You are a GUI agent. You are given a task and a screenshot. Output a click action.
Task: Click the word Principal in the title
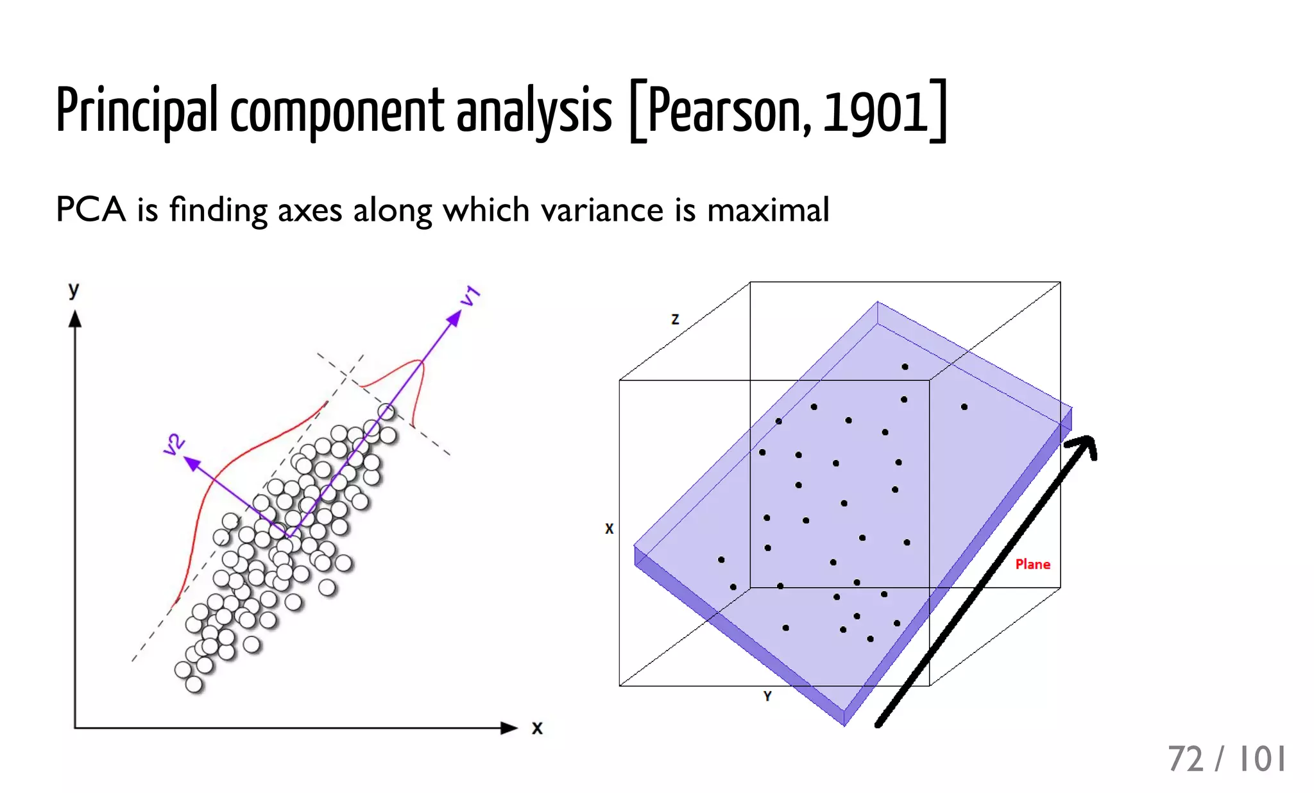point(137,110)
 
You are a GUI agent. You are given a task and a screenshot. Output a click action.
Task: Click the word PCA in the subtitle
point(90,210)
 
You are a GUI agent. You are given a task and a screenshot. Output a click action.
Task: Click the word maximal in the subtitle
point(767,210)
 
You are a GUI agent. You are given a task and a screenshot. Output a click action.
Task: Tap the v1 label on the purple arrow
point(470,296)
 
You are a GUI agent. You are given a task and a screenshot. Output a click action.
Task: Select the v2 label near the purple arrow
point(174,444)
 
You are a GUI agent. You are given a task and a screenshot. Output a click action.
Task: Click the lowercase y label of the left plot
point(74,291)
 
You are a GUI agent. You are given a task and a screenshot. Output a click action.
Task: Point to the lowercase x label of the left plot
point(537,728)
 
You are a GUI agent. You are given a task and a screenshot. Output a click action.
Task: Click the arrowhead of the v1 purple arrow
point(454,317)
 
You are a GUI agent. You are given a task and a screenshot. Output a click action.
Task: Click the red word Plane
point(1032,565)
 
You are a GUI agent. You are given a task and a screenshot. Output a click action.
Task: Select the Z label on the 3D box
point(675,319)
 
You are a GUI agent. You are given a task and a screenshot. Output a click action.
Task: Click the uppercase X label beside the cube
point(609,529)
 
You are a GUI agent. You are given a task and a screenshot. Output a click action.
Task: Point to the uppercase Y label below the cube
point(767,696)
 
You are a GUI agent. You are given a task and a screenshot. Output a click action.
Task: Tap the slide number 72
point(1186,759)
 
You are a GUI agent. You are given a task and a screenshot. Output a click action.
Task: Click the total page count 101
point(1262,759)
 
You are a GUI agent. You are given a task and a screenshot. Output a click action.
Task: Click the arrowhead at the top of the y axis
point(75,319)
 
